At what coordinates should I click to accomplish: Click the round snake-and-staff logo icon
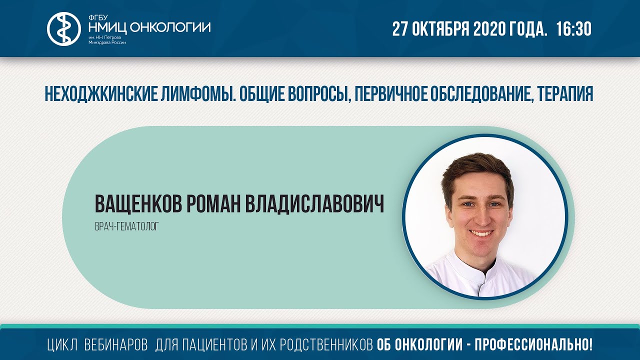click(63, 28)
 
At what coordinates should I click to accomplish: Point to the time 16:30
click(573, 29)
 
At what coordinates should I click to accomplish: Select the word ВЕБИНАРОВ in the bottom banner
click(116, 344)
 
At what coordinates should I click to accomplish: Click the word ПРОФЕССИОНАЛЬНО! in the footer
click(533, 344)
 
